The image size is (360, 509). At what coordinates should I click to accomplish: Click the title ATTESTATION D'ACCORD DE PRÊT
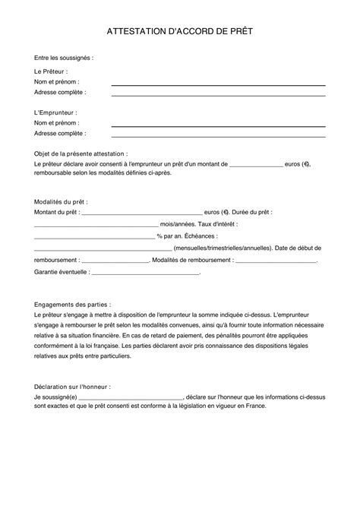180,33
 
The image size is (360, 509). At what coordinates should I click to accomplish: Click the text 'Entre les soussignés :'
63,58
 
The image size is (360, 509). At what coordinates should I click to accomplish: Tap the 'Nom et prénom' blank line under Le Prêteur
218,84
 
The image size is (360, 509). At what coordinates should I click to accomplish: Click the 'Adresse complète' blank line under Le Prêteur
218,95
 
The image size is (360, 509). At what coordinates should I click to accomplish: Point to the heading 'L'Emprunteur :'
55,112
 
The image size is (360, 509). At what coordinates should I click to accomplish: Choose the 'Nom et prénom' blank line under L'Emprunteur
218,125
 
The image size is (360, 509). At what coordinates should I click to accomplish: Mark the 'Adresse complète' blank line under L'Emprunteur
218,135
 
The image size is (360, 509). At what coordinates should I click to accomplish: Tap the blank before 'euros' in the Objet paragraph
255,166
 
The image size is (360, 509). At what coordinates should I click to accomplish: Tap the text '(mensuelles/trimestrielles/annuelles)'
222,248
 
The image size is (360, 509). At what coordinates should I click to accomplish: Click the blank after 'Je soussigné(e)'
137,397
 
